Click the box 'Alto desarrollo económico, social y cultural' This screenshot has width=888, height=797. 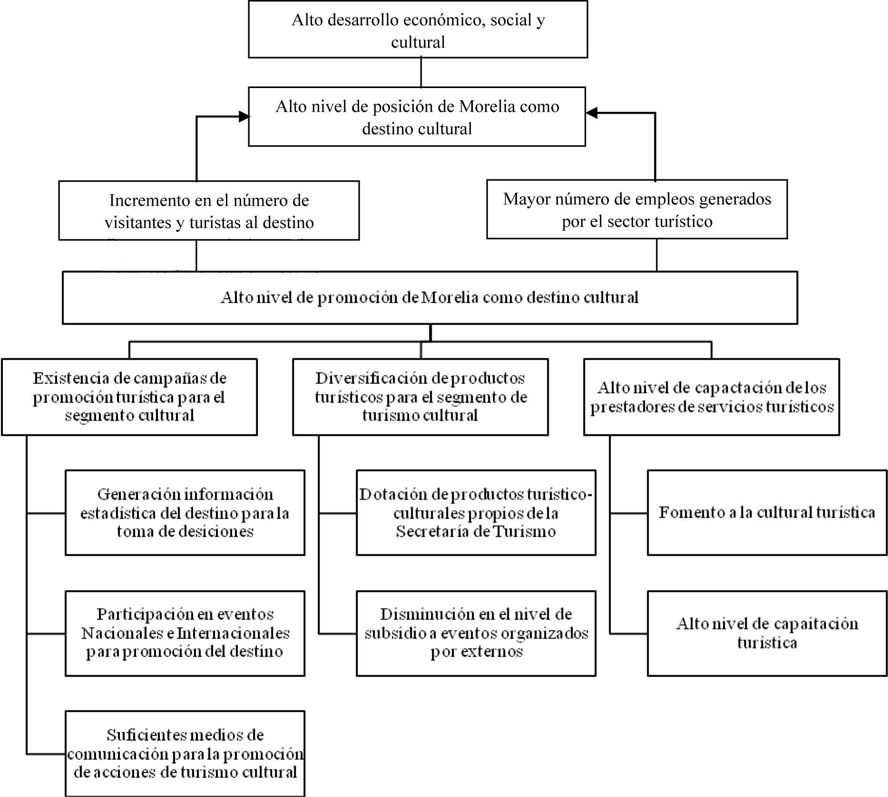coord(418,30)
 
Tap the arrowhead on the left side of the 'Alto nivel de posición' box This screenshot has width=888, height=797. coord(244,117)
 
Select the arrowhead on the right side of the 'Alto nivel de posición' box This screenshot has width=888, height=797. coord(591,113)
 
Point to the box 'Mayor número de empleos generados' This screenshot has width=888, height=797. coord(637,209)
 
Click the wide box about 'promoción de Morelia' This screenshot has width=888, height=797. coord(429,298)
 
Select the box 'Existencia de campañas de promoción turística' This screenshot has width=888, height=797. coord(129,397)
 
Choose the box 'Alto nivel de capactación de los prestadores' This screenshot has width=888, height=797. coord(711,397)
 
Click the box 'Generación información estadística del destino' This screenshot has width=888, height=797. coord(185,512)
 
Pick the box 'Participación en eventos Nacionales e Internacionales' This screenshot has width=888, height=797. coord(185,633)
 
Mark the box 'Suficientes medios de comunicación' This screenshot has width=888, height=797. coord(185,753)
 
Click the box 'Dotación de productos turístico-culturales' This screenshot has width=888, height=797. coord(476,512)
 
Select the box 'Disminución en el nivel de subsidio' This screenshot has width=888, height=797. coord(476,633)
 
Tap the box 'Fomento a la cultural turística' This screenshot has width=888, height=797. coord(767,512)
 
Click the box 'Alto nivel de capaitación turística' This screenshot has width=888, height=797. coord(767,633)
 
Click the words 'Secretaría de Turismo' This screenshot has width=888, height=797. coord(476,531)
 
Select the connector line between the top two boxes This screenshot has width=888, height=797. coord(421,72)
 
